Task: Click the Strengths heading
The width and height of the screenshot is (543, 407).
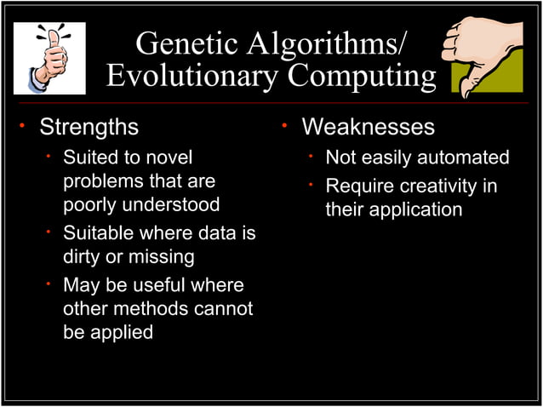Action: click(89, 128)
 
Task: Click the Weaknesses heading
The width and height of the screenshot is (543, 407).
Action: click(368, 128)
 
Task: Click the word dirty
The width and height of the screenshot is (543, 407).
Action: click(85, 256)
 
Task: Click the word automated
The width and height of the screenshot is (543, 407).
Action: click(464, 158)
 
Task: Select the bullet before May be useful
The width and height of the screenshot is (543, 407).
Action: click(49, 284)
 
